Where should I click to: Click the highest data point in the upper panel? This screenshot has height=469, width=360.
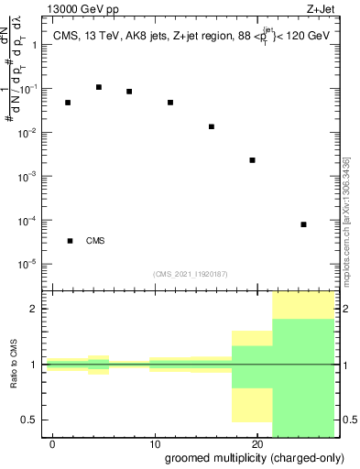[x=99, y=87]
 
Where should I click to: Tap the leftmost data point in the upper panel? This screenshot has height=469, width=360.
[x=68, y=103]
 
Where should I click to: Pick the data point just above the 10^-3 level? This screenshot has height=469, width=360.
[x=252, y=160]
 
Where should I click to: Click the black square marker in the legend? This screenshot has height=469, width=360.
[x=70, y=241]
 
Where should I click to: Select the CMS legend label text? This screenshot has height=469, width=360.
[x=95, y=241]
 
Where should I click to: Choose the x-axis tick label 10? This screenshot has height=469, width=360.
[x=154, y=444]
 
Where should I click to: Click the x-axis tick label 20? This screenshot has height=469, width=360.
[x=256, y=444]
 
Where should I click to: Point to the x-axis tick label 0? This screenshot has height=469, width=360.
[x=52, y=444]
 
